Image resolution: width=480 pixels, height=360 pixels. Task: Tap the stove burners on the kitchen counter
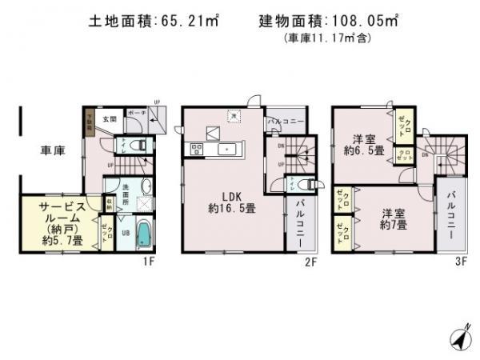[x=196, y=149]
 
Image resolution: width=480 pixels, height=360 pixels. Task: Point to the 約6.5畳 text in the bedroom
[x=362, y=150]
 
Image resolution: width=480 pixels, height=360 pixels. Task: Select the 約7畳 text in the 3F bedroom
[x=391, y=225]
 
